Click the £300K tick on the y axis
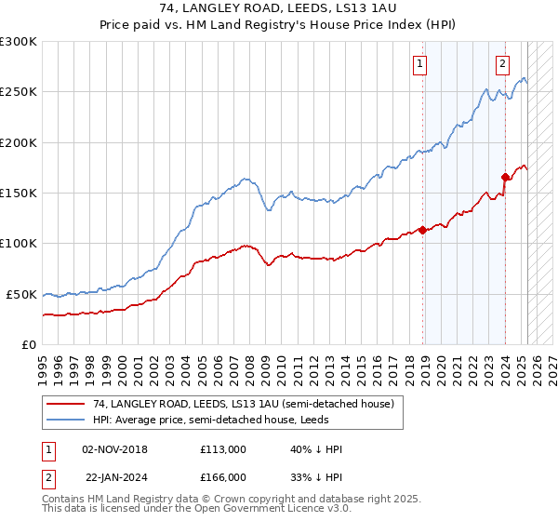click(x=19, y=42)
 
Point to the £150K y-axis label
click(x=19, y=194)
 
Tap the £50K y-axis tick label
click(x=21, y=294)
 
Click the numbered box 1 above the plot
click(x=420, y=64)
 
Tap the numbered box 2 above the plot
click(x=502, y=64)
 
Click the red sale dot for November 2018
click(x=422, y=230)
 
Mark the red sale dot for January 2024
click(x=505, y=177)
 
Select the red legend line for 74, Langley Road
click(x=66, y=404)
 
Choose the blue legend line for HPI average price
click(x=66, y=420)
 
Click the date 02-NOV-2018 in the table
click(x=114, y=449)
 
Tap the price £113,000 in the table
click(x=222, y=449)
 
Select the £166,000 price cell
click(x=222, y=476)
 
